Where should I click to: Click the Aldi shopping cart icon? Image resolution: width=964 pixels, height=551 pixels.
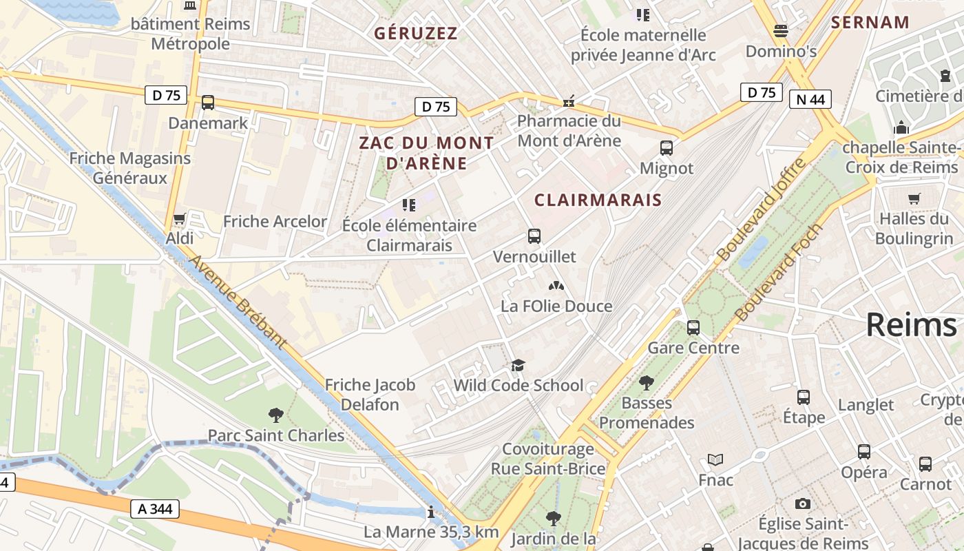[x=180, y=219]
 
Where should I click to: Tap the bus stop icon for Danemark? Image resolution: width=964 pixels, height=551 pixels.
[x=207, y=103]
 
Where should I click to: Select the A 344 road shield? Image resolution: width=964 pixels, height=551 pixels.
[x=155, y=509]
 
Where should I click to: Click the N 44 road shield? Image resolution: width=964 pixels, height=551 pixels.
[x=810, y=99]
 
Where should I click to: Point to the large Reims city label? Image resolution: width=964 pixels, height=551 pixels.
[x=910, y=324]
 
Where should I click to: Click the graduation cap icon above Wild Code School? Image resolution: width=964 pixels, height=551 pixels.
[x=518, y=365]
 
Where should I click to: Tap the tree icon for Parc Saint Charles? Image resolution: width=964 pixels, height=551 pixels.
[x=275, y=415]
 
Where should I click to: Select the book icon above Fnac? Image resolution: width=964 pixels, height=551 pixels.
[x=715, y=459]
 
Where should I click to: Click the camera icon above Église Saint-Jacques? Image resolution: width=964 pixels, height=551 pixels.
[x=802, y=503]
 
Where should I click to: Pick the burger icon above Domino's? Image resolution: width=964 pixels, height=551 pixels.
[x=780, y=31]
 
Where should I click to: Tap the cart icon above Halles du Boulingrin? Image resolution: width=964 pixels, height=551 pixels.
[x=914, y=199]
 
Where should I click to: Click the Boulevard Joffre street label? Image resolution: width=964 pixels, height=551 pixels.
[x=761, y=209]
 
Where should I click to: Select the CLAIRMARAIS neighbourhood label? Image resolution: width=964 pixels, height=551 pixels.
[x=598, y=200]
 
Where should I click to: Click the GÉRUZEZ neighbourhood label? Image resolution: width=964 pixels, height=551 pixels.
[x=415, y=33]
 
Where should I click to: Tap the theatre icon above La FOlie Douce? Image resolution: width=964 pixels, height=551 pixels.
[x=556, y=285]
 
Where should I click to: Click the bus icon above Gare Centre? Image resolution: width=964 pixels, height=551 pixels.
[x=693, y=327]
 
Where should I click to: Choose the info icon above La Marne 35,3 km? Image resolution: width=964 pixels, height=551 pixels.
[x=431, y=512]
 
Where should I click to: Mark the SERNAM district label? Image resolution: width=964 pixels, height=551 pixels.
[x=870, y=22]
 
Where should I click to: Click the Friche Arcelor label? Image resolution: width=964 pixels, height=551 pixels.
[x=275, y=221]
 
